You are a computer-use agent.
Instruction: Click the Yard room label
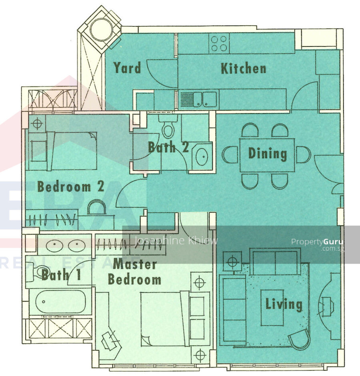coord(127,68)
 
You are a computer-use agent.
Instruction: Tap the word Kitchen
coord(243,68)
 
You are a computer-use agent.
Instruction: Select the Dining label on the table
coord(268,154)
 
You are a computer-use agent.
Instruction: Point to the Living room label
coord(284,304)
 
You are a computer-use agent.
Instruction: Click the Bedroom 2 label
coord(71,186)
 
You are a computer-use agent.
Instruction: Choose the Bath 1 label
coord(61,275)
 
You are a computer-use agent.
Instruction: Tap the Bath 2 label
coord(168,147)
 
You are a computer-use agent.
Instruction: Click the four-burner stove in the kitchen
coord(219,43)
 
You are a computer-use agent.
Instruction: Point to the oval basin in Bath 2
coord(202,157)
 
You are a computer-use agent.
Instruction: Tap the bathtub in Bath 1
coord(60,302)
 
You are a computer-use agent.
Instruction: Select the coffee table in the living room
coord(272,308)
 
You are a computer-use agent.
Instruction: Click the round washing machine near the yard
coord(101,30)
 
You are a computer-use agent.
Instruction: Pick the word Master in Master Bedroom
coord(135,264)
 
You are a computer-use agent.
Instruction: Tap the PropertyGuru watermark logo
coord(317,244)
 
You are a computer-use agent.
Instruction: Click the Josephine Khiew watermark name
coord(176,241)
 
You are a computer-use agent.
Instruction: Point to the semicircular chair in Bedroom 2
coord(96,207)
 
